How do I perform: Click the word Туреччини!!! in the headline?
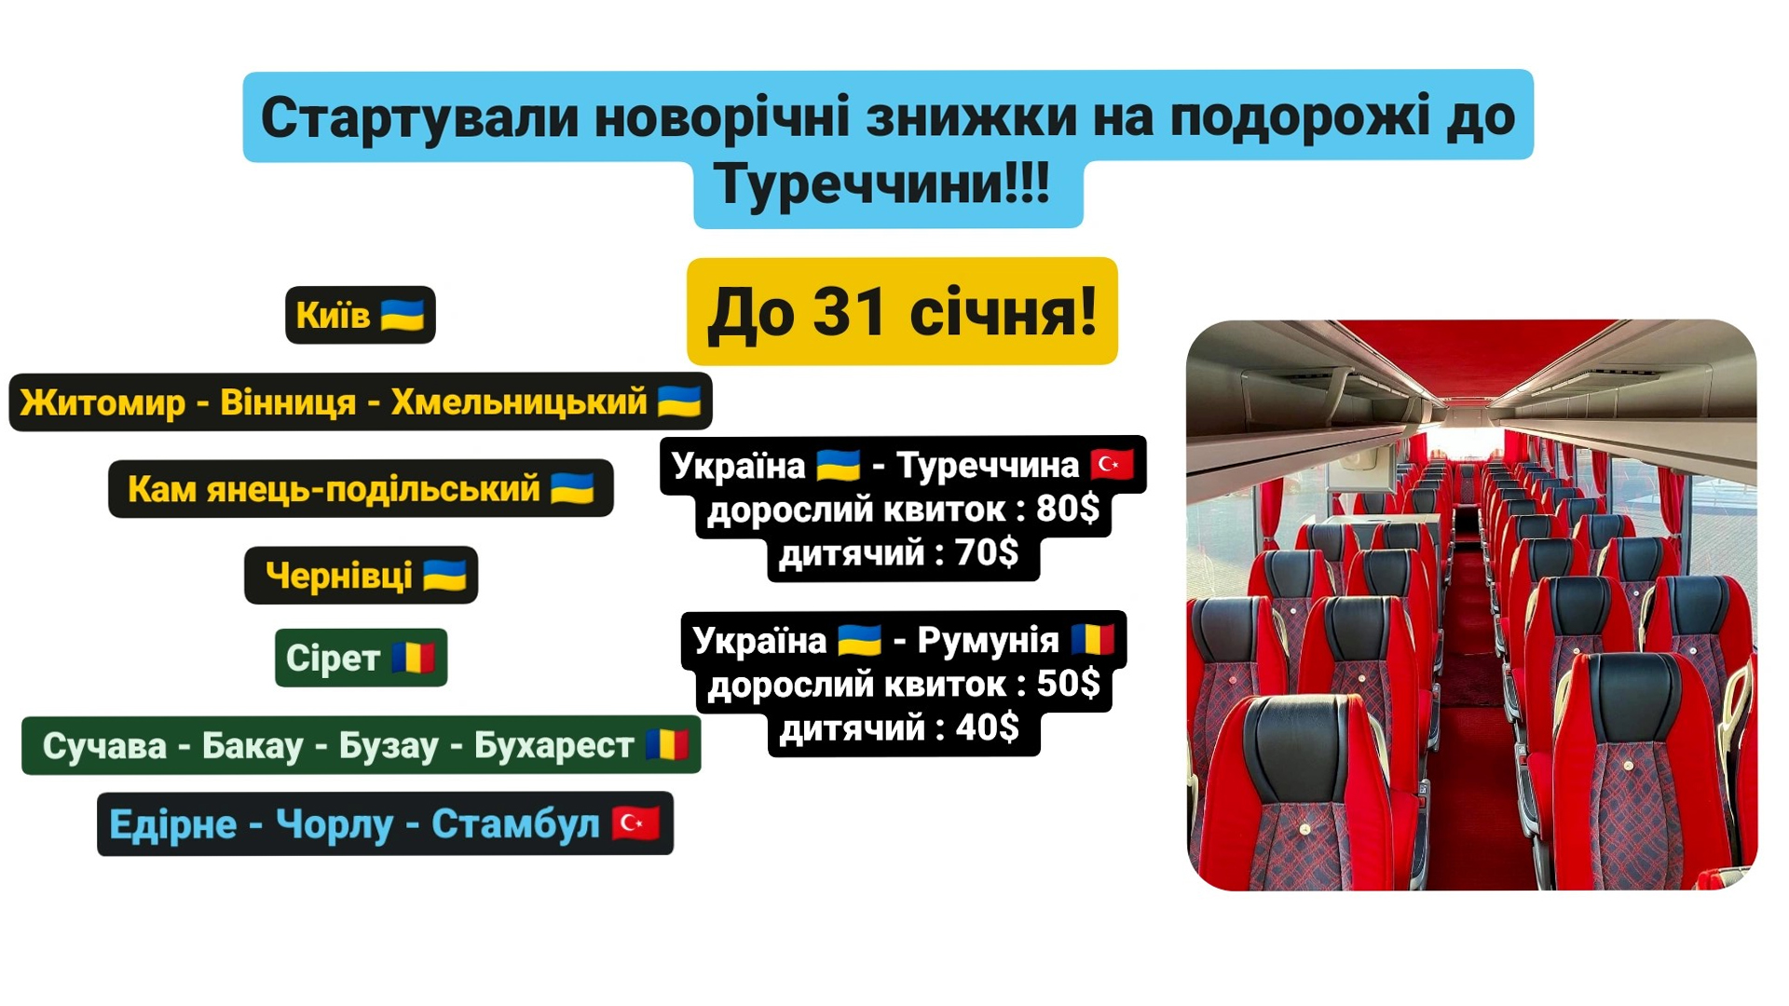coord(882,184)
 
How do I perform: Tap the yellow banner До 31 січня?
coord(902,311)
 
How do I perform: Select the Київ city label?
coord(361,315)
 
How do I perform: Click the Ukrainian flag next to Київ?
coord(403,315)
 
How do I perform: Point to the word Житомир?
coord(102,402)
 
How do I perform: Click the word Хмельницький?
coord(519,401)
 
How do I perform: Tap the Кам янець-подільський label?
coord(361,488)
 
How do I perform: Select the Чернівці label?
coord(361,576)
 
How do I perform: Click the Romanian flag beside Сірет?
coord(413,658)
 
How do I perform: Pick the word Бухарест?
coord(554,745)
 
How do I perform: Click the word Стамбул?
coord(515,824)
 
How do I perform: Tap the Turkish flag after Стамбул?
coord(635,823)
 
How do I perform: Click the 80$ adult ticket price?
coord(1068,509)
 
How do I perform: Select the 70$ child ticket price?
coord(987,552)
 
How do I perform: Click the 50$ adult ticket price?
coord(1069,684)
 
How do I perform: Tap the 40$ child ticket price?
coord(988,727)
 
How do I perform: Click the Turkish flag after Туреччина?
coord(1113,464)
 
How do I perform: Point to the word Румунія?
coord(989,640)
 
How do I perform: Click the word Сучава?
coord(104,745)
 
